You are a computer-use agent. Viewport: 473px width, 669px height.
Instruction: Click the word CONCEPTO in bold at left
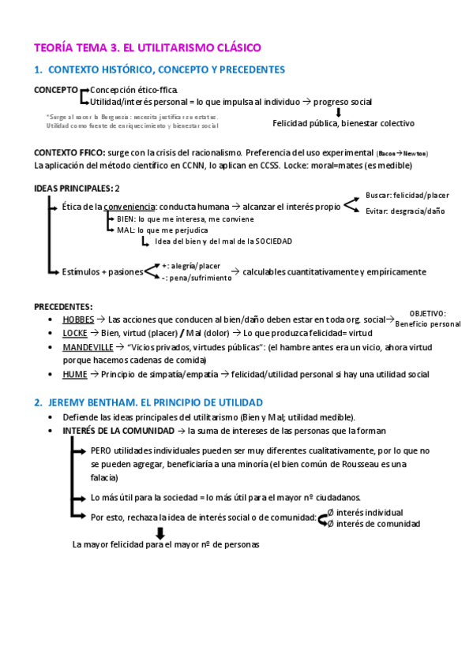click(x=55, y=90)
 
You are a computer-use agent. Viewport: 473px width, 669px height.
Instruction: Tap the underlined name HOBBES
click(x=78, y=320)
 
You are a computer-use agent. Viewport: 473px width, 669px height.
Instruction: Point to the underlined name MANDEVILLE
click(x=89, y=346)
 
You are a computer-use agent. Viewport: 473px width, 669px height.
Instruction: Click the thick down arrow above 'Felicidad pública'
click(x=338, y=112)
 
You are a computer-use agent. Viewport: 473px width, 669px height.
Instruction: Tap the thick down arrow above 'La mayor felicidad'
click(x=160, y=533)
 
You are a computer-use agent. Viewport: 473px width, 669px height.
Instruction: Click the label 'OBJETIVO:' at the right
click(x=428, y=313)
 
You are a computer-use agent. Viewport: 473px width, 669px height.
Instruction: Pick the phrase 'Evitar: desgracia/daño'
click(x=404, y=211)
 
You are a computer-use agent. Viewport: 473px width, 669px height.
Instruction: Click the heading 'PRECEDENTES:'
click(x=63, y=306)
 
